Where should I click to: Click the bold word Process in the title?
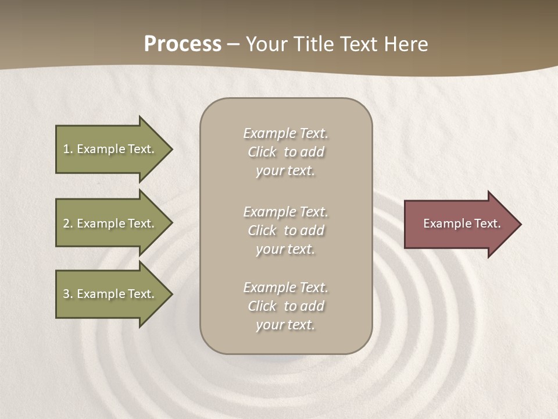click(x=183, y=44)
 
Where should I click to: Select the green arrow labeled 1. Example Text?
click(x=110, y=149)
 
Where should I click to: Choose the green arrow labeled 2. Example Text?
click(x=110, y=223)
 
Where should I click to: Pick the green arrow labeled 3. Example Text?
click(x=110, y=294)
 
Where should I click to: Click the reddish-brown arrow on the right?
click(x=459, y=224)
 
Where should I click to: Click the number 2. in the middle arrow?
click(x=68, y=223)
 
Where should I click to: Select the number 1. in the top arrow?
click(x=67, y=149)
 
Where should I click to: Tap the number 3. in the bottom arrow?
click(x=68, y=294)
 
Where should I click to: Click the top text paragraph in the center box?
click(x=285, y=152)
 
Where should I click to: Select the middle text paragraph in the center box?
click(x=285, y=230)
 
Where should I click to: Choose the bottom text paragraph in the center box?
click(x=285, y=306)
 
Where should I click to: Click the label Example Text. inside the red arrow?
click(x=462, y=223)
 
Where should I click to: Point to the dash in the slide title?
click(x=233, y=45)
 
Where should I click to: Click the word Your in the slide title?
click(x=265, y=44)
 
